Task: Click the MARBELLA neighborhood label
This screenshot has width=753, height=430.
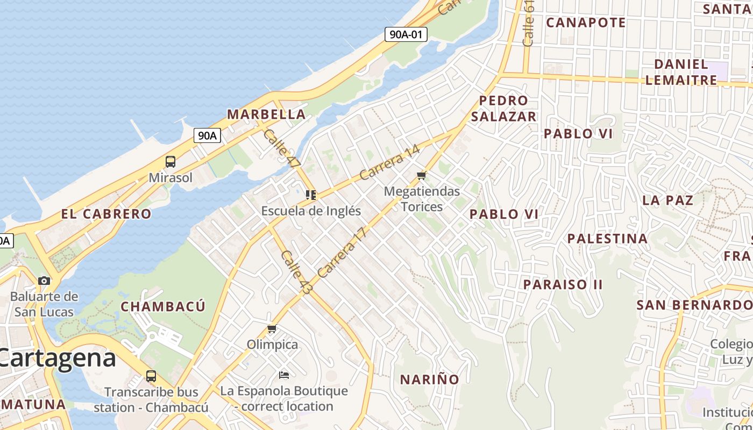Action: coord(266,114)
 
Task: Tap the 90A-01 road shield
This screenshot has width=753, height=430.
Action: coord(406,35)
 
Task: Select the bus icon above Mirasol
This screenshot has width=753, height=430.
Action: coord(170,161)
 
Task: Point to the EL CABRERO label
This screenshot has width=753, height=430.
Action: coord(106,214)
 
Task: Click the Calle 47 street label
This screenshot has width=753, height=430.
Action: coord(281,149)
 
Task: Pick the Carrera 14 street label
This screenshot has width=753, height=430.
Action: coord(389,163)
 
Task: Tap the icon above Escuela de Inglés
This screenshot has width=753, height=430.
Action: coord(310,195)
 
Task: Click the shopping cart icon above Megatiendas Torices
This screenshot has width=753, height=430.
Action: coord(422,175)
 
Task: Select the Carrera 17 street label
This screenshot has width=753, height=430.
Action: coord(342,252)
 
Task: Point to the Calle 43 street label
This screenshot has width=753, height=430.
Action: coord(296,273)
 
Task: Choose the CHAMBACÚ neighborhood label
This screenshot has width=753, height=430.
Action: coord(163,307)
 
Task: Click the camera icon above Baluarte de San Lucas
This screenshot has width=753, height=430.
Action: coord(44,281)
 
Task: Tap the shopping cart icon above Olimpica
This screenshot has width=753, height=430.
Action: coord(272,328)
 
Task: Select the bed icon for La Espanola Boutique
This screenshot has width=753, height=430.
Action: coord(284,375)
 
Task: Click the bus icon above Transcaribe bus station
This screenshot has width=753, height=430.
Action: coord(151,376)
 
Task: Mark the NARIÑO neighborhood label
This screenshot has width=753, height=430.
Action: coord(429,379)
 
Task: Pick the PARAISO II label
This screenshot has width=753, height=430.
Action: coord(563,284)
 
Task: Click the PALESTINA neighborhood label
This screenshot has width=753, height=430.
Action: coord(607,239)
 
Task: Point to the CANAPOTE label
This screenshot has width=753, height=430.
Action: coord(586,23)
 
